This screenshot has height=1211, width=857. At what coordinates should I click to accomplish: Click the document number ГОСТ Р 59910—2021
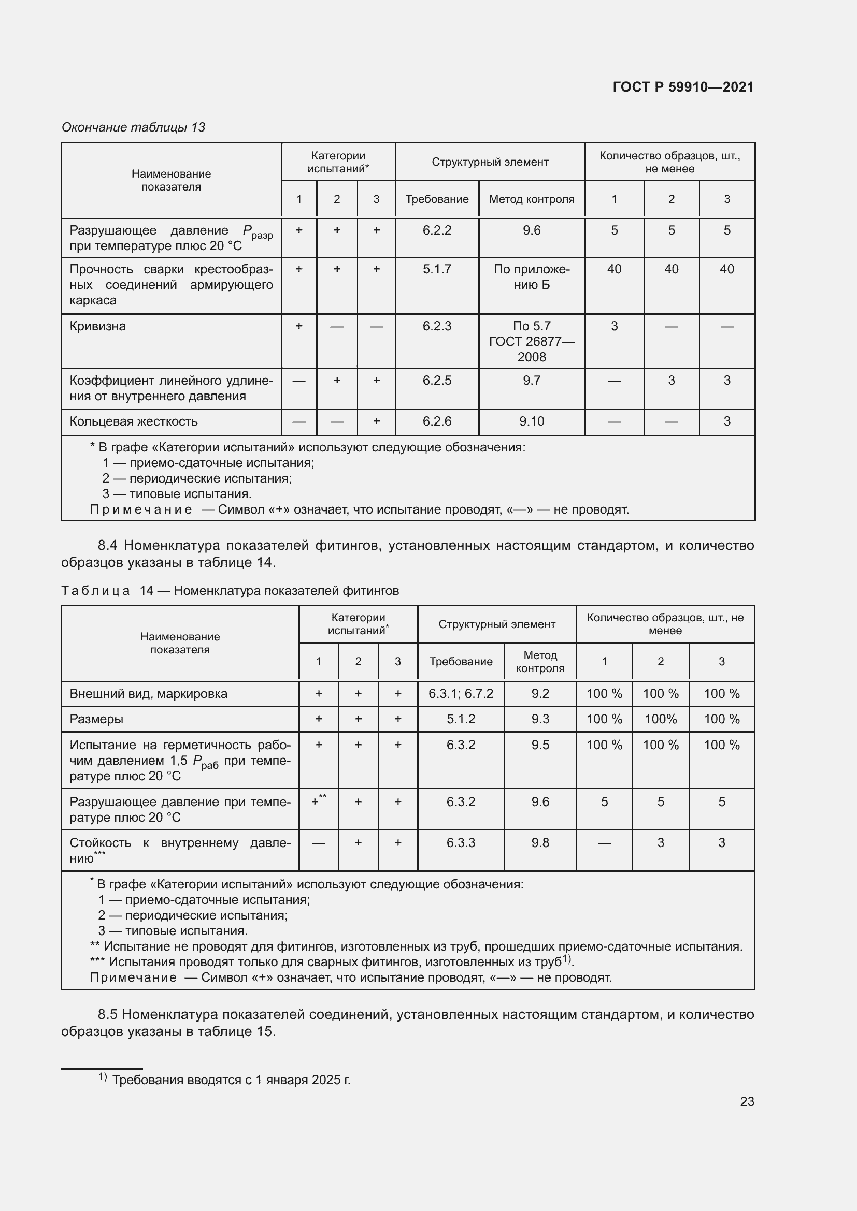683,87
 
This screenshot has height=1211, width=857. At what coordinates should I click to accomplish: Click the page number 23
747,1101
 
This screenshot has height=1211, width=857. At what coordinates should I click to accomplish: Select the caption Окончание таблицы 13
134,127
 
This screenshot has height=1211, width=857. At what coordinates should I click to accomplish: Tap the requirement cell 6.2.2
437,230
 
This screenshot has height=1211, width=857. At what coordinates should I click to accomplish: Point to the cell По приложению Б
532,277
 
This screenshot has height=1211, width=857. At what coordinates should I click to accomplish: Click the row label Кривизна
98,326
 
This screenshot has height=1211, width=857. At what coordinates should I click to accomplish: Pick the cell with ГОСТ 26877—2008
532,342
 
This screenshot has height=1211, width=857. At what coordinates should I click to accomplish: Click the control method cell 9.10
532,421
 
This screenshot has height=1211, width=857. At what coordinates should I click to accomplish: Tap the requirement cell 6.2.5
437,381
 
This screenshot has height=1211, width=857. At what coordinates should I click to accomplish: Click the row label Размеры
96,719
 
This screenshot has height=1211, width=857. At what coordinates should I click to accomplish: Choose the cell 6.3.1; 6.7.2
461,694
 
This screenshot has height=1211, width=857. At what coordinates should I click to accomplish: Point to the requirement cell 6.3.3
461,842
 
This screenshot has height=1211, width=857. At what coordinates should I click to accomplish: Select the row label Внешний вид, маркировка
148,694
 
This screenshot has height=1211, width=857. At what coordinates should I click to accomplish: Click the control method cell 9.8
540,842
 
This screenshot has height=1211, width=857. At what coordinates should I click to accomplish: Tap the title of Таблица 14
230,591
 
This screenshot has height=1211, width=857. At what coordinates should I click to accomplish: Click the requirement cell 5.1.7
437,270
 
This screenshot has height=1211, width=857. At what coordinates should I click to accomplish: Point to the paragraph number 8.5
108,1014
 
